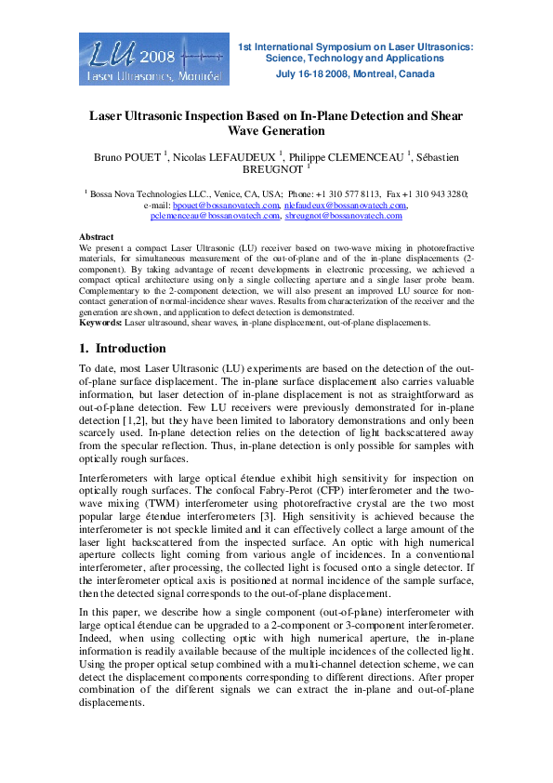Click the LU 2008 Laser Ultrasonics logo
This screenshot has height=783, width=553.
pyautogui.click(x=151, y=60)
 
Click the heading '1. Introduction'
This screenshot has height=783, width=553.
pyautogui.click(x=123, y=349)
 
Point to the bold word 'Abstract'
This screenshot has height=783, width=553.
pyautogui.click(x=97, y=238)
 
